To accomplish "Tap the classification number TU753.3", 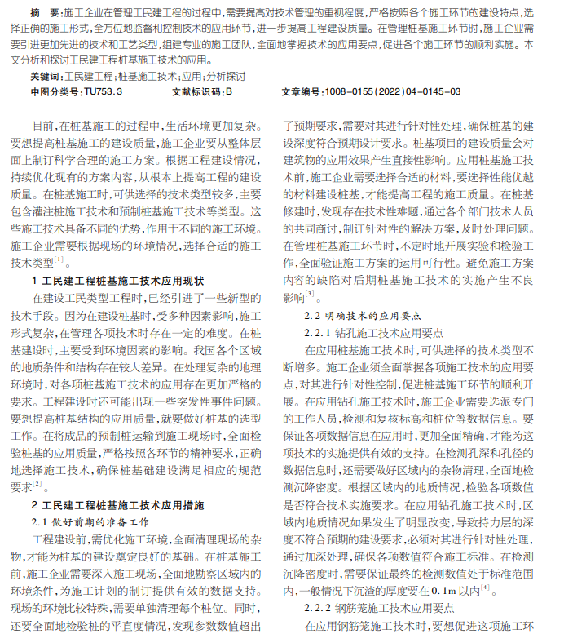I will [x=103, y=92].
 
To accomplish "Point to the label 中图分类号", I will [x=56, y=92].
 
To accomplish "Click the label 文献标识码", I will [x=196, y=92].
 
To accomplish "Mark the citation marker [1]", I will [x=59, y=260].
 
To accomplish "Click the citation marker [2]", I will [x=37, y=485].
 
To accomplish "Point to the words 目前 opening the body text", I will [x=42, y=126].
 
